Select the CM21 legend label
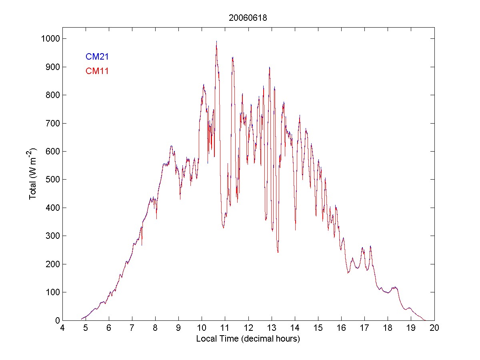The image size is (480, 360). click(x=97, y=57)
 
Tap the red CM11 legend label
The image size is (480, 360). click(x=97, y=71)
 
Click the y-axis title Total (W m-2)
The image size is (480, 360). click(x=33, y=174)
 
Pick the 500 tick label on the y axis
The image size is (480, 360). click(x=51, y=180)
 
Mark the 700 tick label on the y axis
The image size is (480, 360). click(x=51, y=123)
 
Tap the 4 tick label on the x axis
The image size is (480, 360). click(x=62, y=328)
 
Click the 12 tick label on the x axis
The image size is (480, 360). click(x=248, y=328)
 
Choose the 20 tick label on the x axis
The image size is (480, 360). click(x=434, y=328)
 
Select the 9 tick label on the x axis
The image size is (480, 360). click(x=178, y=328)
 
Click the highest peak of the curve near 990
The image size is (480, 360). click(x=216, y=41)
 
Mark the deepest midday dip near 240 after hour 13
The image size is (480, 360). click(x=278, y=252)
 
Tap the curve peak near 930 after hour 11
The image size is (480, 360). click(x=232, y=58)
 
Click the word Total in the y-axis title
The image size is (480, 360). click(x=33, y=191)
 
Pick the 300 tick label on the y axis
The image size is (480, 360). click(x=51, y=236)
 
